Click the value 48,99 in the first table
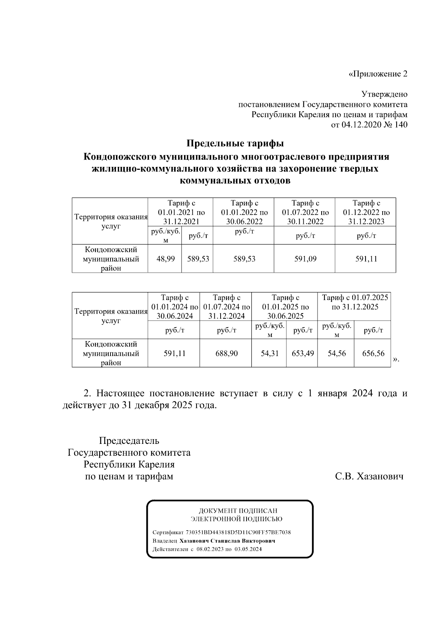tap(165, 259)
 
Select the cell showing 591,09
tap(305, 259)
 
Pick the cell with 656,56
tap(373, 353)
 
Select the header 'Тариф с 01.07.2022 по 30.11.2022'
tap(305, 212)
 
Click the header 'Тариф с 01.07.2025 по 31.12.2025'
tap(354, 302)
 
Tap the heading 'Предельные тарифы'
tap(235, 143)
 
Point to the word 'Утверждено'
tap(384, 94)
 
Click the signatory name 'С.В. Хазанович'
tap(369, 476)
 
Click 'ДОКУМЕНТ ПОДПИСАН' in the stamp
tap(238, 511)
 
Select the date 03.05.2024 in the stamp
tap(248, 549)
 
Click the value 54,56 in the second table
tap(337, 353)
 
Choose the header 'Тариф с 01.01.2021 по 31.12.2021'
tap(181, 212)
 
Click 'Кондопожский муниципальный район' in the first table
tap(110, 259)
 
